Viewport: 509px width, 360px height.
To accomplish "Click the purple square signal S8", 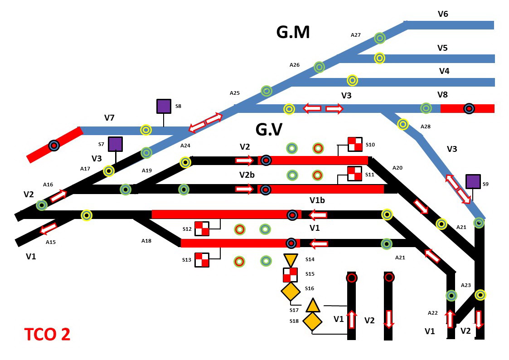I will click(164, 106).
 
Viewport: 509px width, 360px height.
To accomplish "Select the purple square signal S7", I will click(116, 144).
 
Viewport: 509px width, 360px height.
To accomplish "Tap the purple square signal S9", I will click(473, 181).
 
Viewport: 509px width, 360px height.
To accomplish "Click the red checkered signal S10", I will click(355, 144).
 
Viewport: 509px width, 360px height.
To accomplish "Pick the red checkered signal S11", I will click(354, 174).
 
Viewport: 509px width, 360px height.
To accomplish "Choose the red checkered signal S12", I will click(202, 229).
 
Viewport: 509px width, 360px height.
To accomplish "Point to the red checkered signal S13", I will click(202, 260).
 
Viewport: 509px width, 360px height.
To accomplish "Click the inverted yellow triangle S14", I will click(291, 260).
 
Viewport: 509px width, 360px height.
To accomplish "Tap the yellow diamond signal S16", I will click(291, 292).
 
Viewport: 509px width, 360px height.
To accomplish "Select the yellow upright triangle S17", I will click(313, 306).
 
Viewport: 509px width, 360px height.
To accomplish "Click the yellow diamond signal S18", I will click(312, 321).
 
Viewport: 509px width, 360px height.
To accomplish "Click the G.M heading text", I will click(293, 32).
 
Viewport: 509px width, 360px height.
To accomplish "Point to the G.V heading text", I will click(269, 130).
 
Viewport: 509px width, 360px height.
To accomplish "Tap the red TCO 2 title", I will click(47, 334).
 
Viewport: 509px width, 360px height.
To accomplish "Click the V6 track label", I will click(443, 14).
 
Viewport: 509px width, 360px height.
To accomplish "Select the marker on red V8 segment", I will click(469, 109).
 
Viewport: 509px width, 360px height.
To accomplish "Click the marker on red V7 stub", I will click(54, 146).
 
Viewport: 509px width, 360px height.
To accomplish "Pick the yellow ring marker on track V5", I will click(379, 58).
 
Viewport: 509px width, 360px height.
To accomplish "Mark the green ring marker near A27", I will click(380, 38).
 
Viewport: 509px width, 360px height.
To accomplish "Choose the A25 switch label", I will click(234, 93).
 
